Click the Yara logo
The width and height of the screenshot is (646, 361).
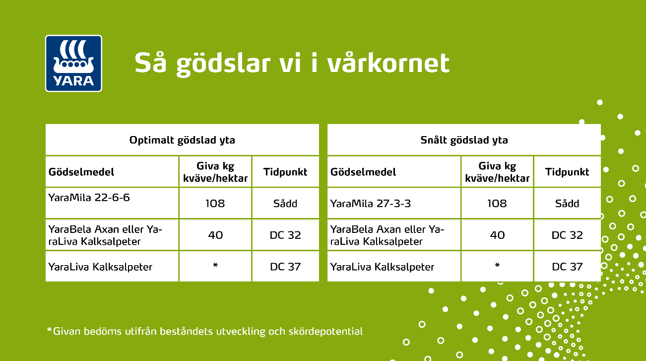(x=73, y=63)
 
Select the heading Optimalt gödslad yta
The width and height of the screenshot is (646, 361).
(x=182, y=140)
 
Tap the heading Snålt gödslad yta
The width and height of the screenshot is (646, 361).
(x=464, y=140)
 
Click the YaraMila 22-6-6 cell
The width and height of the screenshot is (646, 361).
(x=89, y=197)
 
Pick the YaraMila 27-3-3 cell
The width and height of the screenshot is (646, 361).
(x=371, y=203)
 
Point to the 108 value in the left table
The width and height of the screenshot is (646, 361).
(x=215, y=203)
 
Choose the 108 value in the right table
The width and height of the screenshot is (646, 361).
(x=497, y=203)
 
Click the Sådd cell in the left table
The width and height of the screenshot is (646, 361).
(x=285, y=203)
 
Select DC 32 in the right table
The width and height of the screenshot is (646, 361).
(x=567, y=235)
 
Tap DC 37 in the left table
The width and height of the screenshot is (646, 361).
(x=285, y=267)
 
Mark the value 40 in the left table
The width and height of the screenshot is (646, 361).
(x=215, y=235)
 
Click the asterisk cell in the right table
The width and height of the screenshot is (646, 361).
(x=497, y=266)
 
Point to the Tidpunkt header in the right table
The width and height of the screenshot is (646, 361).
(x=567, y=172)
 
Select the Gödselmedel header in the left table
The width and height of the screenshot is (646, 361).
(x=81, y=172)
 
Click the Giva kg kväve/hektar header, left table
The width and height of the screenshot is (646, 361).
(x=215, y=172)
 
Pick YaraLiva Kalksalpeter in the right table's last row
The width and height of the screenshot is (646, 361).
(x=382, y=267)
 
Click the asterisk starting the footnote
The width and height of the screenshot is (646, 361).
(x=49, y=330)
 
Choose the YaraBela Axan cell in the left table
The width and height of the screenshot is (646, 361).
(x=105, y=235)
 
